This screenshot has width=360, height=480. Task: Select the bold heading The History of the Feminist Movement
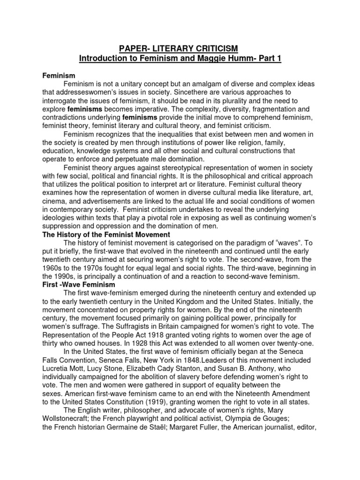coord(106,234)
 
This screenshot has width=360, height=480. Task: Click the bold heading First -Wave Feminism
coord(79,285)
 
